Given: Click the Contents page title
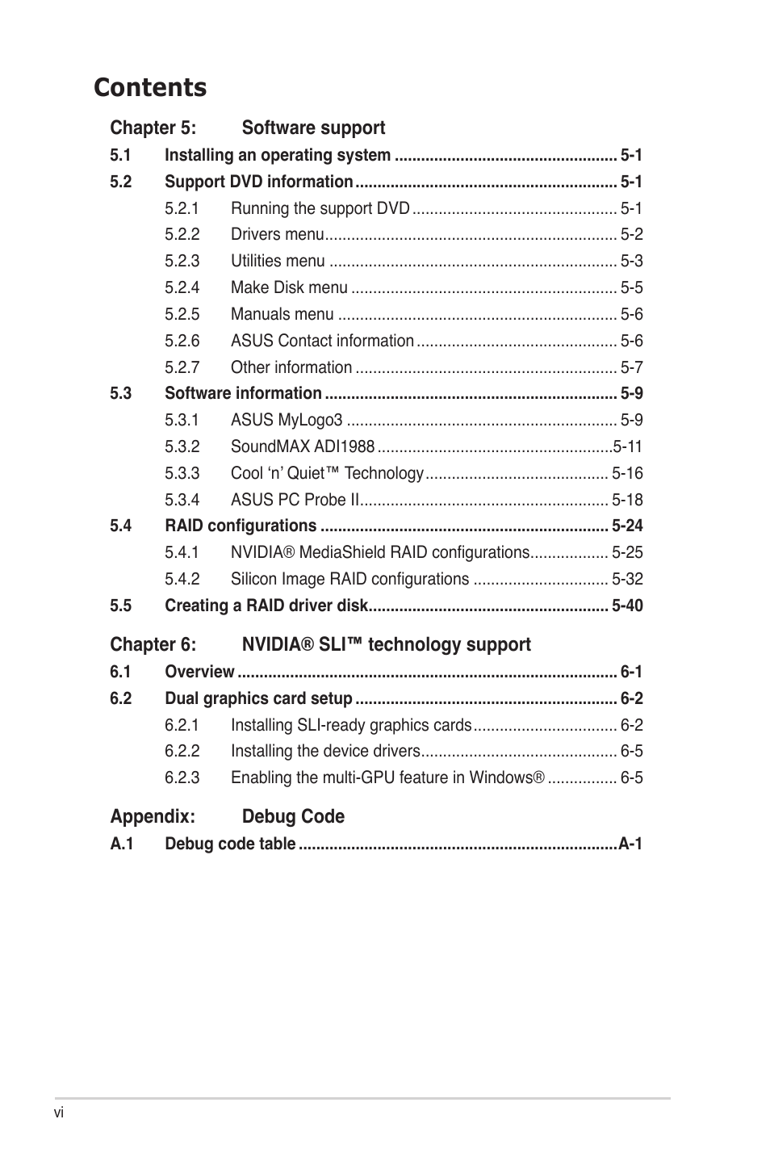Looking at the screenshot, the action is [x=150, y=87].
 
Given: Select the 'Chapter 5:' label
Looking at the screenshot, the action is [x=153, y=128].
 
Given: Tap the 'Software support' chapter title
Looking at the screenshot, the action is [x=313, y=128].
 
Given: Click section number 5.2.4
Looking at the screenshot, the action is [x=182, y=287].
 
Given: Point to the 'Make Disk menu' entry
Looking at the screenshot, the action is [x=289, y=287].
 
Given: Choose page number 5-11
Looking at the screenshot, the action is [x=627, y=446].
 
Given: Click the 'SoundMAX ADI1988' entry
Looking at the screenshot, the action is [x=303, y=446].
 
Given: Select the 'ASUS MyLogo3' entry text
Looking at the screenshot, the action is [x=287, y=420].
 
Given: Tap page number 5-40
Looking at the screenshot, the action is [x=627, y=606].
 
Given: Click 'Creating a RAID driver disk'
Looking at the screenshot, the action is [x=266, y=606].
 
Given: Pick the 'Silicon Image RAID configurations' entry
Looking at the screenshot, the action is [x=349, y=579].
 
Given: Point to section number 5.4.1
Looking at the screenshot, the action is [x=182, y=552].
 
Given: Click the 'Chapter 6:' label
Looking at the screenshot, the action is [x=153, y=644].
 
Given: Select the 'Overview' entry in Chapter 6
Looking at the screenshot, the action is [x=199, y=672].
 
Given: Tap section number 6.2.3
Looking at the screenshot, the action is [x=182, y=777].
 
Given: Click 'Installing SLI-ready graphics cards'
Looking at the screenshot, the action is [x=351, y=725].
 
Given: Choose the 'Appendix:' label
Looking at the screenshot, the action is [x=153, y=816].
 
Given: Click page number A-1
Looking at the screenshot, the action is [x=630, y=844].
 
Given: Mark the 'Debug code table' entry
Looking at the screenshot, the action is [x=230, y=844].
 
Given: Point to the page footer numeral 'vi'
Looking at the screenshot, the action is [x=59, y=1113].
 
